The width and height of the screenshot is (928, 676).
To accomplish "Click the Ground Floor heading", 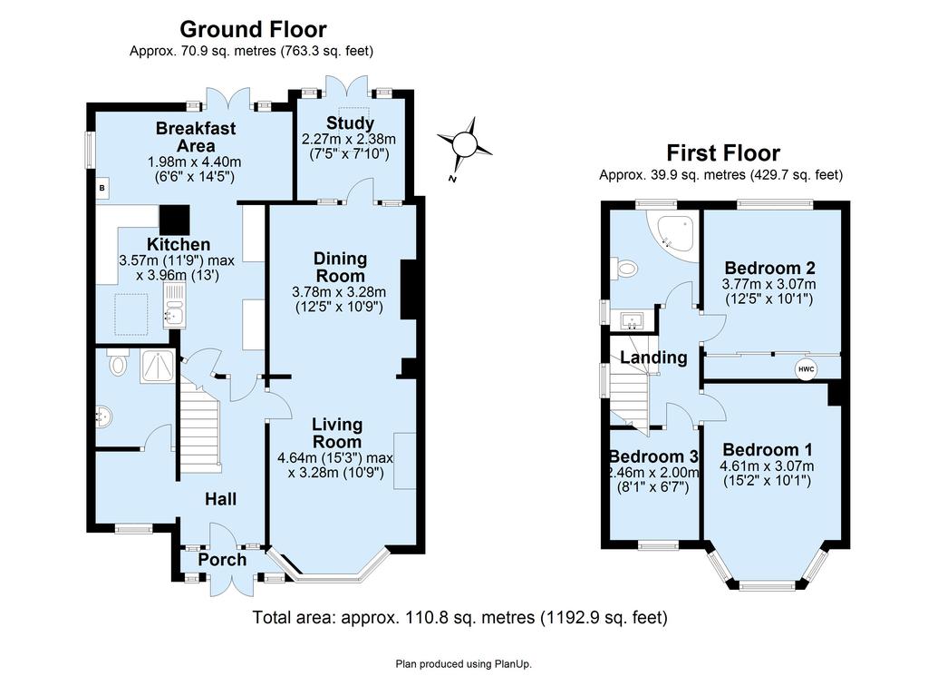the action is [x=253, y=29].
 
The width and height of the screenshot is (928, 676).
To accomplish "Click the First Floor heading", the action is [x=723, y=152].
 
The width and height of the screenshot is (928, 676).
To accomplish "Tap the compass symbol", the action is [x=465, y=143].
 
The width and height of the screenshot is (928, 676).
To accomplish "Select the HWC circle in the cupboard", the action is [x=806, y=369].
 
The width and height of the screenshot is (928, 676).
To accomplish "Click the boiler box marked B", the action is [x=102, y=189].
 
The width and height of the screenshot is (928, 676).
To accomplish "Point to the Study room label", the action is [x=351, y=123].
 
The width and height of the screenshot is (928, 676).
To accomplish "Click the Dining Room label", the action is [x=341, y=267].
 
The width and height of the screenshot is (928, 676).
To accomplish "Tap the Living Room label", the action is [x=337, y=433].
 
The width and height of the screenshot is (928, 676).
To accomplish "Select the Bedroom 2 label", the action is [x=771, y=267].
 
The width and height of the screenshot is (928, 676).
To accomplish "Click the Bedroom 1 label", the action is [x=768, y=450].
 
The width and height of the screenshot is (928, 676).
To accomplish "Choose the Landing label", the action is [x=653, y=358].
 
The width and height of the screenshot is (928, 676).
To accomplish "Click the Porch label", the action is [x=222, y=560].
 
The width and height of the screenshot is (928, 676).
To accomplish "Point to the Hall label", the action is [x=221, y=499].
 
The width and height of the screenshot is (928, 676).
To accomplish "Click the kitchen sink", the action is [x=175, y=305].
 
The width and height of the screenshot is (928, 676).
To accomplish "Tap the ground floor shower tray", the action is [x=158, y=367].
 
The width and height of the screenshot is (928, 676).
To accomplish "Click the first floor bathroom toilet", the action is [x=623, y=269].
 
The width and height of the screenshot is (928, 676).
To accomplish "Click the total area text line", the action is [x=460, y=617].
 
